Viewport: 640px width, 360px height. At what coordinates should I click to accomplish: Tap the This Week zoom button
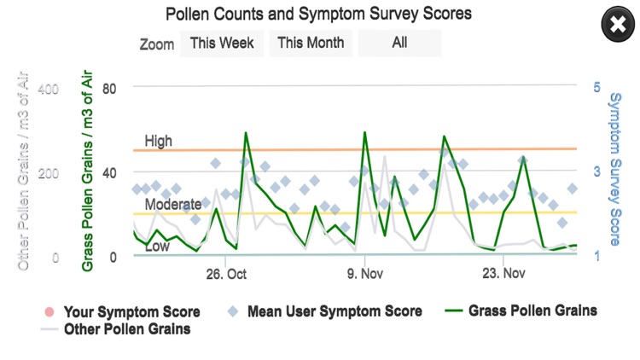[222, 43]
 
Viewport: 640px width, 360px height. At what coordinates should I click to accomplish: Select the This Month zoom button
[311, 43]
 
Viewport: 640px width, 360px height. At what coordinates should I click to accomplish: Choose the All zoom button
[399, 43]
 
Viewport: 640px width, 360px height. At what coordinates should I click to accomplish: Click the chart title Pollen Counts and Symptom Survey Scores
[320, 14]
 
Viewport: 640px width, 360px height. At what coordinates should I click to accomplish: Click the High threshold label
[158, 141]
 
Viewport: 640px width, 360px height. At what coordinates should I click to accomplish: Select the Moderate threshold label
[173, 205]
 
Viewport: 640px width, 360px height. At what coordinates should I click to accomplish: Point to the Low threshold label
[157, 247]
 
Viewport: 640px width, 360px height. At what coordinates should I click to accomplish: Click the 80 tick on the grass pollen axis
[109, 88]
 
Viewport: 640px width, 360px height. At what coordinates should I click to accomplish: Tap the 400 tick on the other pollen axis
[49, 88]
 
